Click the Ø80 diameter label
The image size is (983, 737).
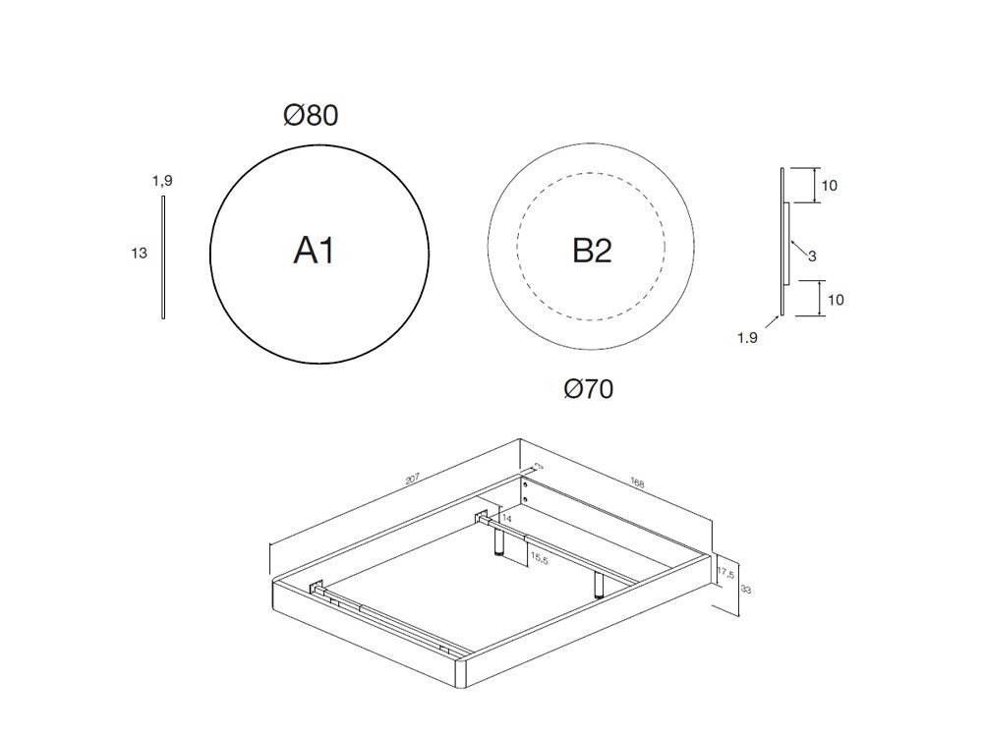[311, 116]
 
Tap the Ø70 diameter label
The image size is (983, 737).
[588, 390]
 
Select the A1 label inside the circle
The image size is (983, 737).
[315, 252]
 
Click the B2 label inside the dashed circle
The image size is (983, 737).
[592, 252]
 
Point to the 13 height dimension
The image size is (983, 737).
[139, 254]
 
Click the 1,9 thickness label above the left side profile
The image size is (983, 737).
[162, 181]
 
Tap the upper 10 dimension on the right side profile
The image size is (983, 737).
[829, 185]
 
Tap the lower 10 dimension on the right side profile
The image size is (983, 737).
[835, 300]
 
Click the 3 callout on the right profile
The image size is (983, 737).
[812, 256]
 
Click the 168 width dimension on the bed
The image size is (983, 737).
[637, 483]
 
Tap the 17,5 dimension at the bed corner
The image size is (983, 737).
[725, 573]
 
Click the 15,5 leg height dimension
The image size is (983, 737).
[540, 558]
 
